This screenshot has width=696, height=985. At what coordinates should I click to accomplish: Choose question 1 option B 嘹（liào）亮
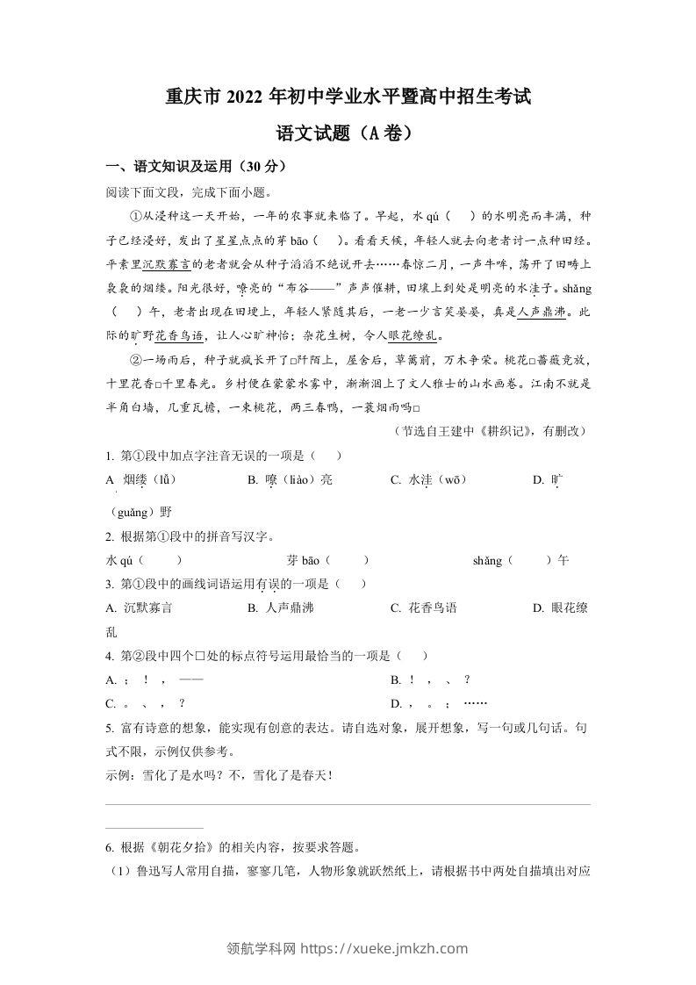click(x=291, y=479)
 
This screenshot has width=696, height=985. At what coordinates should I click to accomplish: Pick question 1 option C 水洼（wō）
click(x=428, y=479)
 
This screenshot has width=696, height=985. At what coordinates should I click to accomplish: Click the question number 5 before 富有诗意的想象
click(x=108, y=727)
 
